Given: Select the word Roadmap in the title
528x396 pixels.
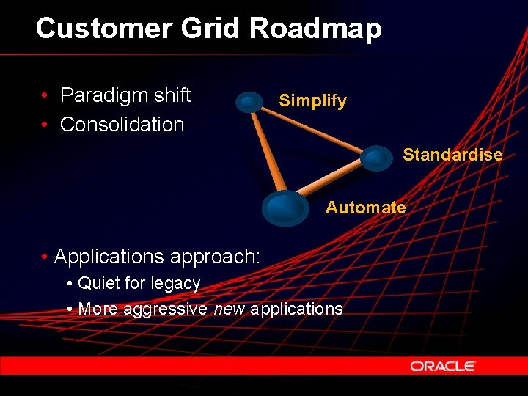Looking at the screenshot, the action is [x=315, y=29].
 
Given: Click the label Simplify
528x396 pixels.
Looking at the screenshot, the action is [x=312, y=100].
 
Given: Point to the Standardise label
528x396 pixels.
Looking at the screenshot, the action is [x=452, y=155].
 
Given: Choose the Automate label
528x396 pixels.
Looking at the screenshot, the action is [x=365, y=208].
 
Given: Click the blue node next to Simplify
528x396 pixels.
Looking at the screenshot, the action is [x=250, y=102].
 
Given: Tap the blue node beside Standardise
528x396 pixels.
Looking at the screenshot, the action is [x=377, y=158].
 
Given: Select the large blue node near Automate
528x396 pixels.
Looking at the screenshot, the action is [x=285, y=208].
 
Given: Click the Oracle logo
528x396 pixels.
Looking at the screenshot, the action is [x=443, y=365].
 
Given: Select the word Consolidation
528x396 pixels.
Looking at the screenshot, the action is [x=122, y=125].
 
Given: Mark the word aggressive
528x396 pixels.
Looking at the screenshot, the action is [x=165, y=309].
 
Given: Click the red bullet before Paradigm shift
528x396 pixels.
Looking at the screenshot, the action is [x=45, y=96].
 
